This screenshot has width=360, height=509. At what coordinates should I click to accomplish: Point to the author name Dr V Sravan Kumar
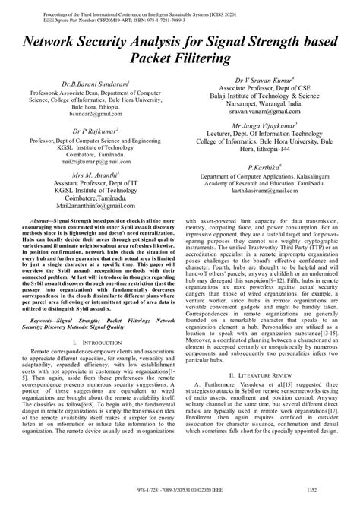tap(260, 78)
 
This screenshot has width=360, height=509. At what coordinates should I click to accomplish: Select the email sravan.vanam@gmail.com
tap(260, 110)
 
